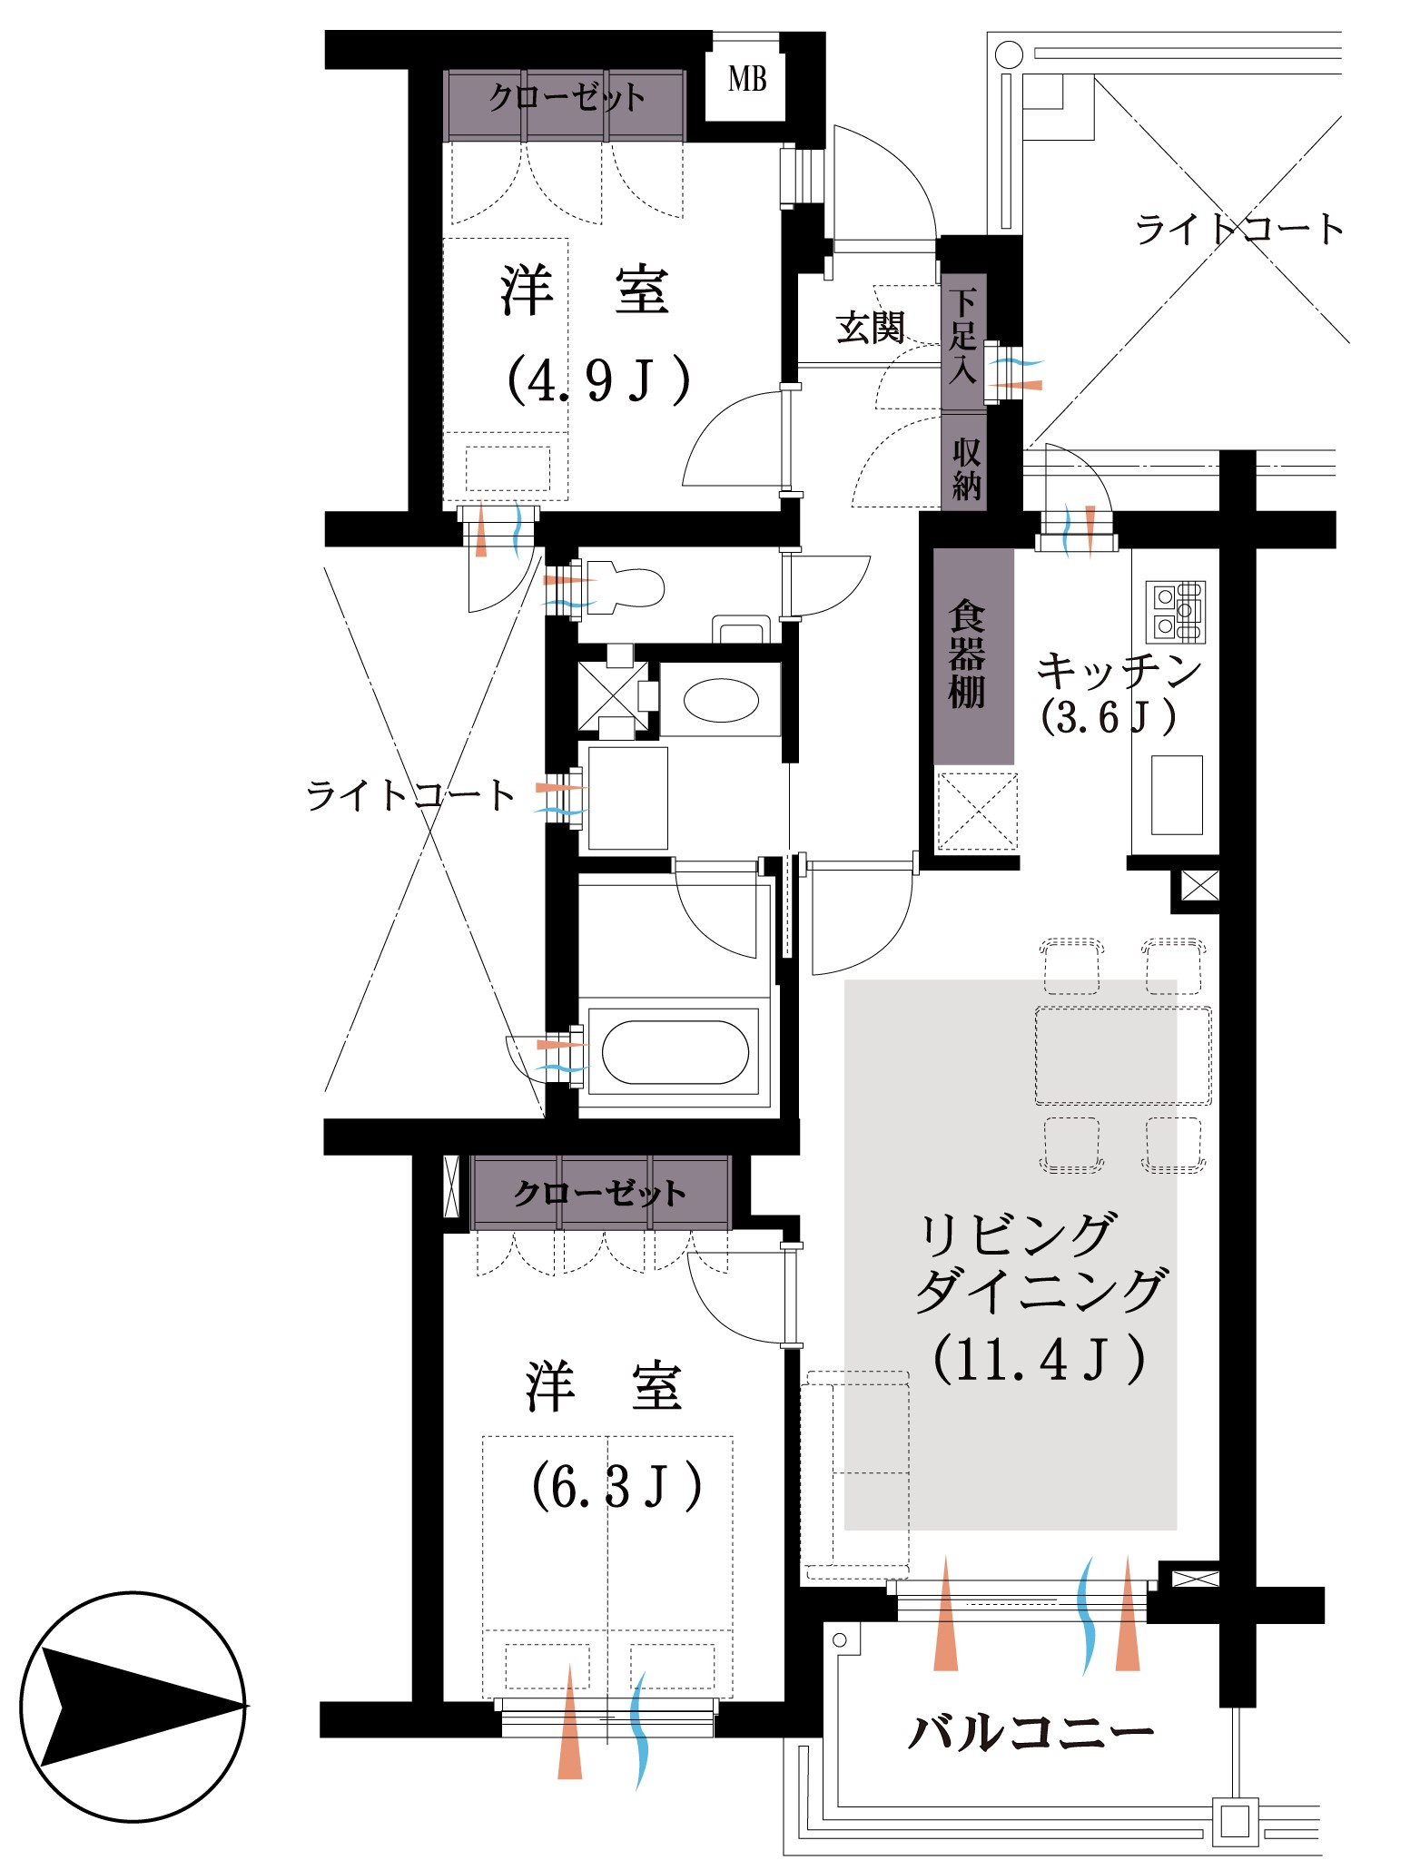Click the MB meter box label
click(747, 80)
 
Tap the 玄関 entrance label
click(870, 327)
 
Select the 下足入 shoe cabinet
click(963, 335)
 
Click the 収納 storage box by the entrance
click(965, 469)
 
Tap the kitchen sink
click(1177, 794)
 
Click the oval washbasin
click(720, 701)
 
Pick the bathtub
click(675, 1052)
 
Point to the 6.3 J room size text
click(616, 1486)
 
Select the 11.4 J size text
click(1039, 1359)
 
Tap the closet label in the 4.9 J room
click(566, 97)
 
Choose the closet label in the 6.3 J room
click(599, 1193)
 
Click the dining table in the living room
click(1123, 1055)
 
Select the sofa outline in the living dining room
click(854, 1474)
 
